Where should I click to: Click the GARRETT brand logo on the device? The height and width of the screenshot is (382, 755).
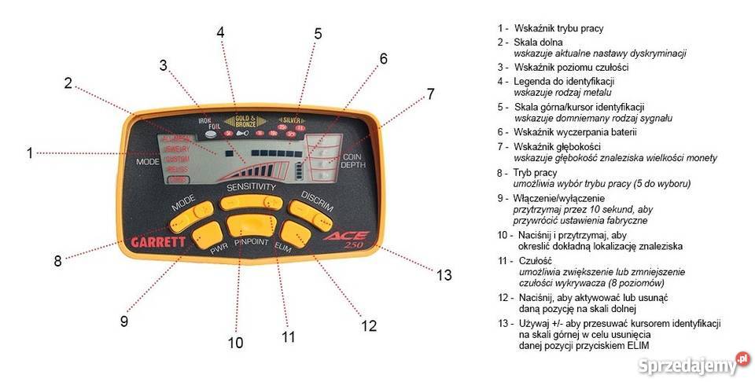(157, 242)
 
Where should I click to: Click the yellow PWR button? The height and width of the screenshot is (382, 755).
(207, 232)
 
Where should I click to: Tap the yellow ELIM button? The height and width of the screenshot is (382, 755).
(295, 232)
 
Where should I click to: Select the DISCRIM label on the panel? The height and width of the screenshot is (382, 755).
(318, 201)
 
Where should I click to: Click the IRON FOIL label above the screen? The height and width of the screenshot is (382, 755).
(204, 122)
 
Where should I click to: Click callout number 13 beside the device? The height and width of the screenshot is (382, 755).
(445, 274)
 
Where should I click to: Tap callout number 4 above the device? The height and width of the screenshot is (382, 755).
(220, 32)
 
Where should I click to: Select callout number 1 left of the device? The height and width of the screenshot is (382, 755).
(30, 153)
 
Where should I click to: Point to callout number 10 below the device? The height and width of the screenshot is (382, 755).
(235, 342)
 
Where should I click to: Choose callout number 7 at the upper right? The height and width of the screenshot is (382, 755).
(430, 93)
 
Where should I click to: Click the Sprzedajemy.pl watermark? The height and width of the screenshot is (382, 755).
(687, 363)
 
